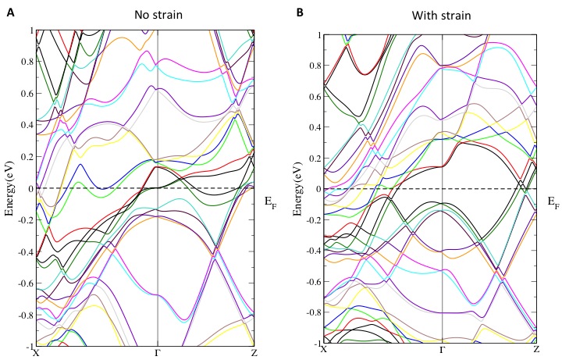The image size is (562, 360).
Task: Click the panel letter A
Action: [10, 12]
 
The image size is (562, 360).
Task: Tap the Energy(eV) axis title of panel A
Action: [9, 187]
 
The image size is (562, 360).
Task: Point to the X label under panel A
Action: [36, 352]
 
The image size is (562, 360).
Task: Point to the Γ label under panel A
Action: [158, 352]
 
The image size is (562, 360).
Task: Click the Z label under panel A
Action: [254, 352]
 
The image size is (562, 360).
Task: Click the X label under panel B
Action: [323, 351]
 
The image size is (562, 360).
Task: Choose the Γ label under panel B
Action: [443, 351]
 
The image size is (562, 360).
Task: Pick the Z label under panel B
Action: [537, 351]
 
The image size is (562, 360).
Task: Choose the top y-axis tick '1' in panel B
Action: [317, 35]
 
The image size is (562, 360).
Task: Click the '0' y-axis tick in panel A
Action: [29, 188]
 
